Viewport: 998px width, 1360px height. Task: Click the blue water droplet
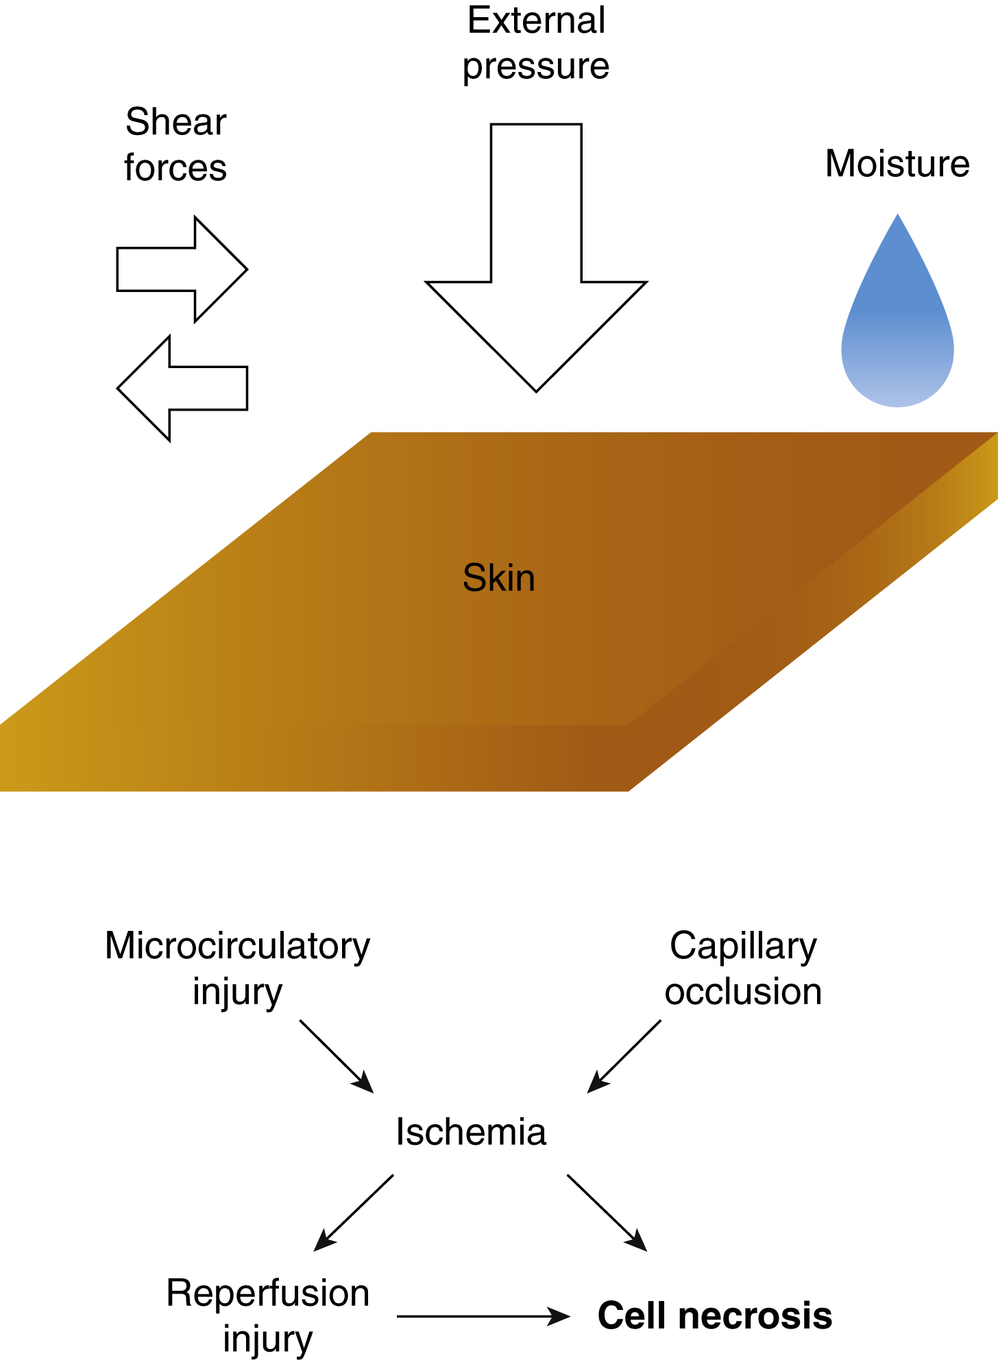(897, 329)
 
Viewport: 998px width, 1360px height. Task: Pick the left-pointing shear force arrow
(181, 388)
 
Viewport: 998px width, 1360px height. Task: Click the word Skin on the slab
(498, 577)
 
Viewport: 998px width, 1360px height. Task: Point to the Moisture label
(897, 163)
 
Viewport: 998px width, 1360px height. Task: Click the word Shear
(175, 122)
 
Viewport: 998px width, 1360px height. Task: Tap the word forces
(175, 168)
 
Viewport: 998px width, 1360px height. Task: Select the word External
(536, 20)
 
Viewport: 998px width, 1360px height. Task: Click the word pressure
(536, 66)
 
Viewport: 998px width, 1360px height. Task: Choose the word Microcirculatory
(237, 946)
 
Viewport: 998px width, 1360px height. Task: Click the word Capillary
(743, 946)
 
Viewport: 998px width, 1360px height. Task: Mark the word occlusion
(743, 992)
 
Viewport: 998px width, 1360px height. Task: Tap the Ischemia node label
(471, 1132)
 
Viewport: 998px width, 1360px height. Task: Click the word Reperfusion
(268, 1294)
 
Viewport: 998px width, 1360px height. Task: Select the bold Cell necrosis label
(715, 1316)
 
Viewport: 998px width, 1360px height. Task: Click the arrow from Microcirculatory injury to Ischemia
(336, 1056)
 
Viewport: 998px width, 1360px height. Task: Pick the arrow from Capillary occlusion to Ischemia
(624, 1056)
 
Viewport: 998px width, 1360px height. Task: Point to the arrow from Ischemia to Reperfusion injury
(354, 1213)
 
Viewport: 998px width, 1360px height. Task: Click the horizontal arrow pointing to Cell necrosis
(483, 1316)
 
